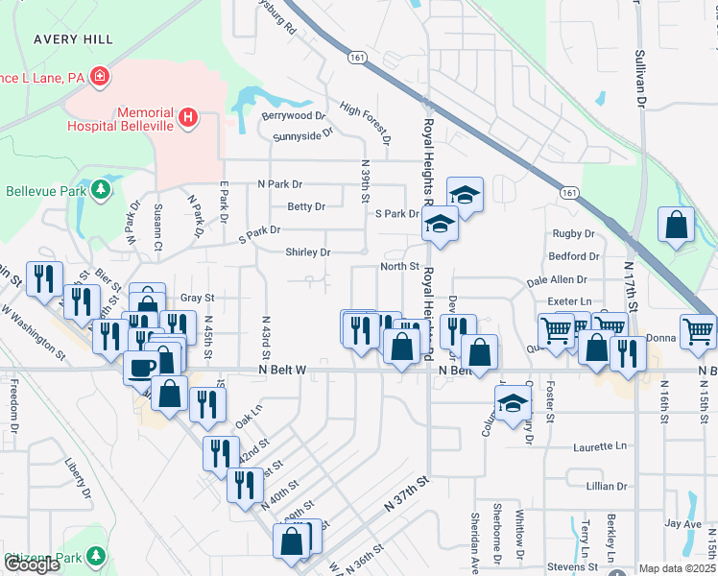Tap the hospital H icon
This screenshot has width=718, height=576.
coord(189,118)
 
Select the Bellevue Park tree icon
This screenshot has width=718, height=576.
coord(100,190)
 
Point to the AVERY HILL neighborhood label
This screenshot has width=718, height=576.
coord(73,39)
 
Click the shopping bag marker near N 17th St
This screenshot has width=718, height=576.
coord(677,226)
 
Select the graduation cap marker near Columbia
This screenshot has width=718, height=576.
coord(513,402)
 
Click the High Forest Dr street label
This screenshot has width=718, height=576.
coord(366,126)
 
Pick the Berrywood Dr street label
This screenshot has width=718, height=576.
coord(294,115)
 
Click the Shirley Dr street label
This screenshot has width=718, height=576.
coord(307,252)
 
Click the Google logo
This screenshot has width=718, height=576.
coord(33,564)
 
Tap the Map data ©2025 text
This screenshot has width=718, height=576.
coord(677,569)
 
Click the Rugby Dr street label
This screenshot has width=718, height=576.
coord(575,233)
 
